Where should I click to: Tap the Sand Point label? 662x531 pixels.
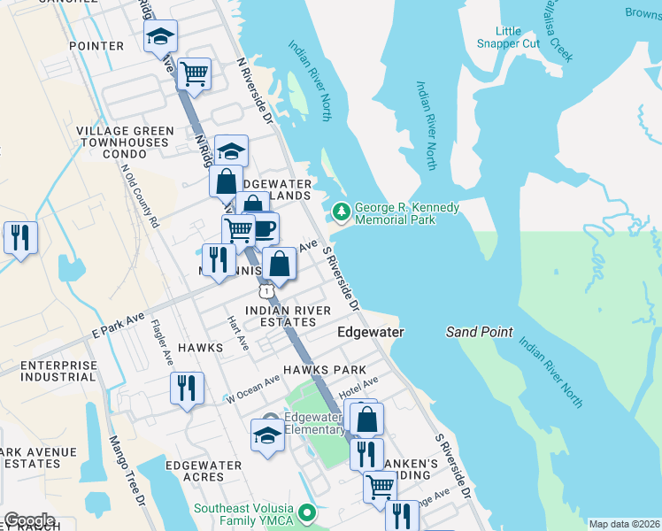[x=479, y=332]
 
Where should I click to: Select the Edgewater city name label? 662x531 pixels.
[x=371, y=332]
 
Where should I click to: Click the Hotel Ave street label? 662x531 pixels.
[x=358, y=387]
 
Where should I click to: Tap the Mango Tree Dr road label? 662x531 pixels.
[x=127, y=468]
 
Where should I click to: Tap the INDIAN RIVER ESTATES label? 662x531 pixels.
[x=288, y=316]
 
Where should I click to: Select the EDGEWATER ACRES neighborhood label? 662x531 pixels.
[x=204, y=471]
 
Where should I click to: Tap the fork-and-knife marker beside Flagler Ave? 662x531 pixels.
[x=187, y=388]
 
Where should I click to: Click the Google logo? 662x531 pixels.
[x=30, y=520]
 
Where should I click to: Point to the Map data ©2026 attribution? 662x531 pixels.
[x=624, y=524]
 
